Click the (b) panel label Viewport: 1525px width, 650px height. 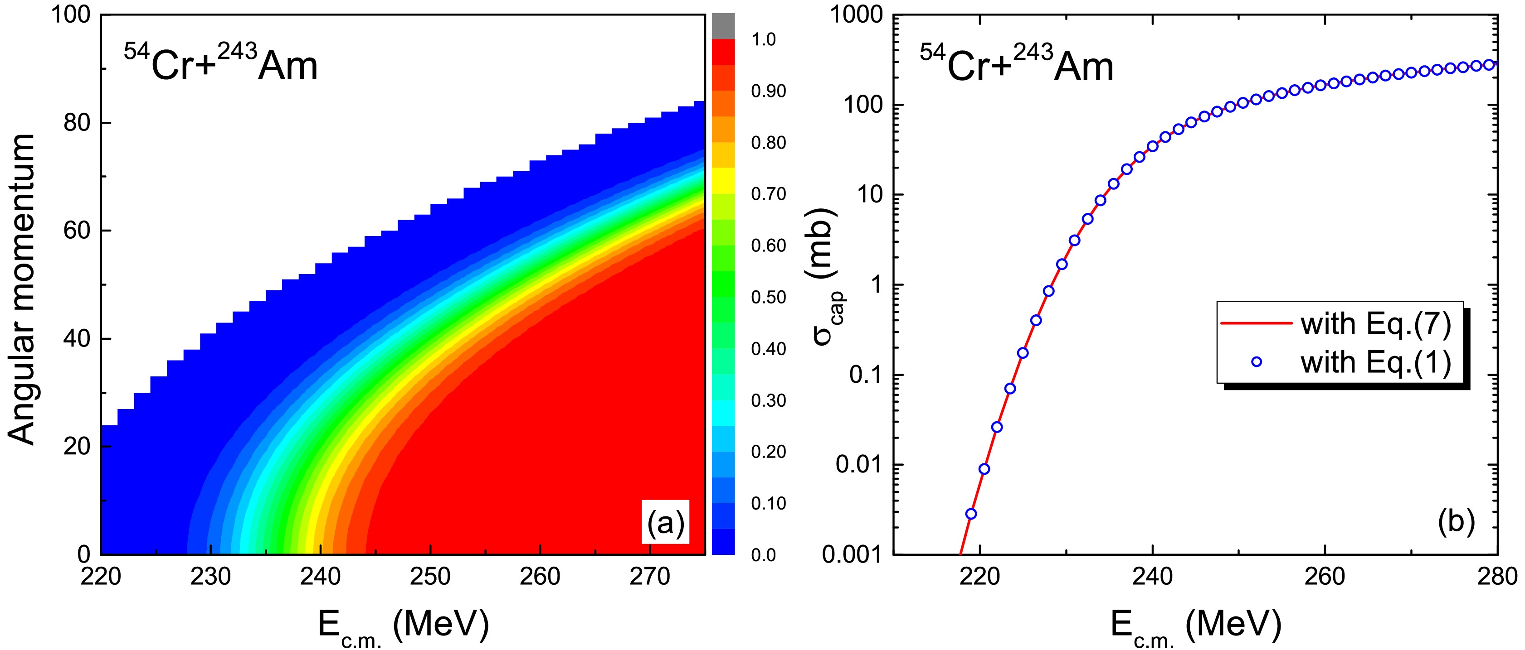pos(1455,522)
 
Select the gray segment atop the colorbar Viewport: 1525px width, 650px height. pos(723,26)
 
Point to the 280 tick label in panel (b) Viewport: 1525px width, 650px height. pos(1498,575)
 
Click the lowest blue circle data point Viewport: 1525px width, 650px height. pos(971,513)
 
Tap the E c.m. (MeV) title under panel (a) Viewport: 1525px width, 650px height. pos(403,627)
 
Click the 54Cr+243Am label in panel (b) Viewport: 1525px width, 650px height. pos(1016,64)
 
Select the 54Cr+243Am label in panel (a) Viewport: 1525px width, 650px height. pos(220,64)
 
